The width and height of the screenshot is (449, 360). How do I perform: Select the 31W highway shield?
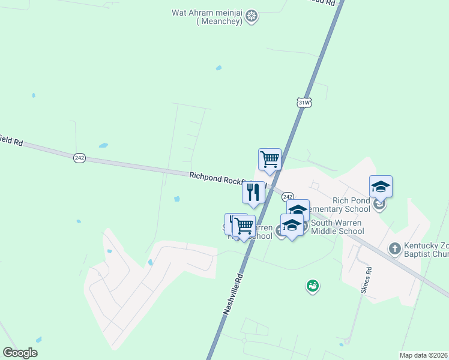tap(304, 103)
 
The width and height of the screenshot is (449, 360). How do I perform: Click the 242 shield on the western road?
tap(80, 158)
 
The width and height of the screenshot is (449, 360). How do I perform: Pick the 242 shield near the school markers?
tap(288, 197)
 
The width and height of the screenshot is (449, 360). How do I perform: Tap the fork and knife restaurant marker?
tap(253, 193)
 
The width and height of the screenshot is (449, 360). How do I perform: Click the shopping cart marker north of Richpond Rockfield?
tap(270, 160)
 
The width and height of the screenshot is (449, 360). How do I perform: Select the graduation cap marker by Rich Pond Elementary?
tap(381, 187)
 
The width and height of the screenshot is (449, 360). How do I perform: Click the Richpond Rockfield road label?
tap(220, 178)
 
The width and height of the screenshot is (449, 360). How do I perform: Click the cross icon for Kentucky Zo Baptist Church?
tap(394, 248)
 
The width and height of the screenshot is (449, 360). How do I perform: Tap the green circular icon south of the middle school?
tap(312, 287)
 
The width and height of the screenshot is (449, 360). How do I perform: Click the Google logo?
tap(20, 353)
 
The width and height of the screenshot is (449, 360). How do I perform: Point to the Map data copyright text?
tap(424, 355)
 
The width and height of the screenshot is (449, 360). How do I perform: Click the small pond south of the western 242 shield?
tap(103, 145)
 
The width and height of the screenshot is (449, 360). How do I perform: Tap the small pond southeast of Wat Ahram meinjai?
tap(218, 68)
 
